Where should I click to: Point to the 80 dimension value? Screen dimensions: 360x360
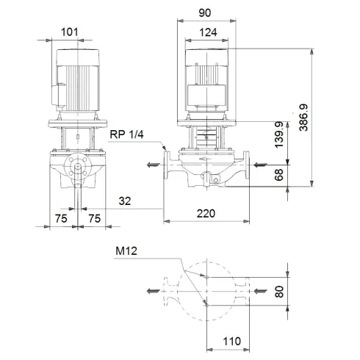click(x=278, y=291)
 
